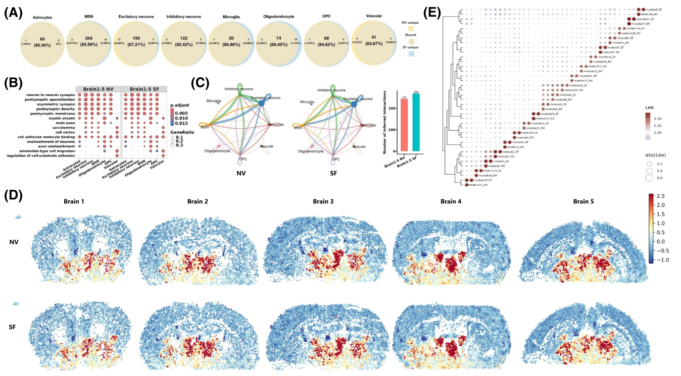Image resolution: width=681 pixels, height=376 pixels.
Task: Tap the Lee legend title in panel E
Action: pyautogui.click(x=649, y=108)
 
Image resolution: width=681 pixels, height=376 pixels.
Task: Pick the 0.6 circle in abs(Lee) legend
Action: pyautogui.click(x=649, y=178)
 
